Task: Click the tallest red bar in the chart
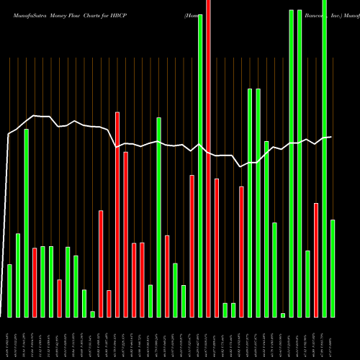point(208,158)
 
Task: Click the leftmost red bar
point(35,282)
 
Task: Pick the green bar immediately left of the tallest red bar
point(200,166)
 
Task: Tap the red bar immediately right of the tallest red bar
point(217,248)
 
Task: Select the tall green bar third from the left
point(27,223)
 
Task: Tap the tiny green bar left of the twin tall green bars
point(283,315)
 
